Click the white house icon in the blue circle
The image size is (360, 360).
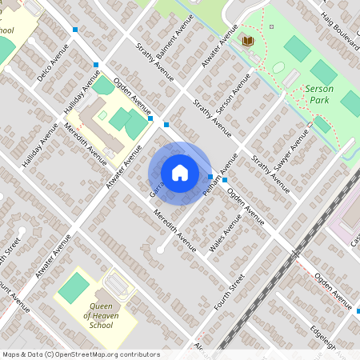click(180, 172)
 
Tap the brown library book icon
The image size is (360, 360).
click(248, 41)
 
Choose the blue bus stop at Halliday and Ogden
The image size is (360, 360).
click(96, 65)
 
